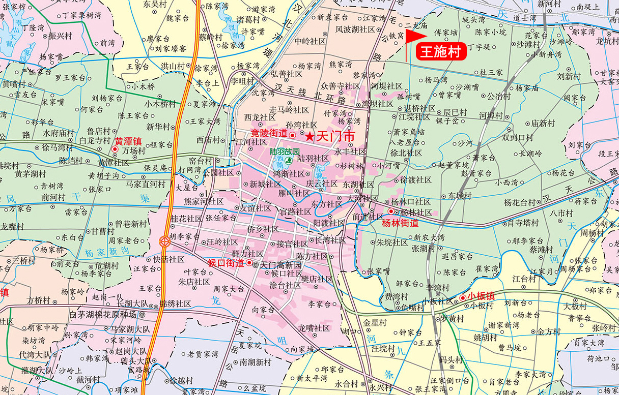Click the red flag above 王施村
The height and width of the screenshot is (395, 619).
coord(415,37)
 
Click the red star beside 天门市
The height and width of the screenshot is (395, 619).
coord(309,136)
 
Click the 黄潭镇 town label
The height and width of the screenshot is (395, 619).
coord(127,142)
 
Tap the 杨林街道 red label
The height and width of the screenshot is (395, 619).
coord(400,223)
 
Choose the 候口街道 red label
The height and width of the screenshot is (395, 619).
coord(227,263)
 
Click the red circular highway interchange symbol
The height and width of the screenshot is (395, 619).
coord(165,242)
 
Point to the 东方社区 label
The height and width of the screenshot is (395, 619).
coord(326,204)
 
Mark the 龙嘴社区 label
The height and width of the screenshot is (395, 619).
coord(314,328)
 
